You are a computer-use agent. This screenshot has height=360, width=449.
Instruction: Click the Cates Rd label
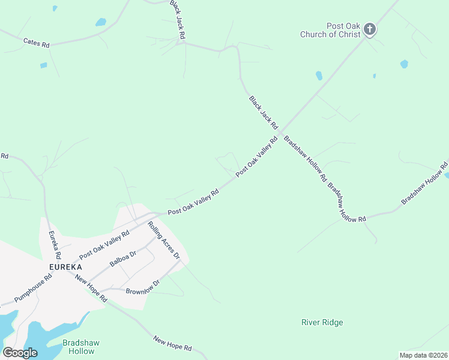(36, 42)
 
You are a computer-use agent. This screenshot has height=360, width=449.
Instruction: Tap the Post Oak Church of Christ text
(331, 31)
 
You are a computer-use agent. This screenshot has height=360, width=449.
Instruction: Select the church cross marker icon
(370, 28)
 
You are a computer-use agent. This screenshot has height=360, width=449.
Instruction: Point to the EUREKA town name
(65, 266)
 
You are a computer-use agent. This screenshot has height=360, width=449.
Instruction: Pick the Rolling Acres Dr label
(164, 240)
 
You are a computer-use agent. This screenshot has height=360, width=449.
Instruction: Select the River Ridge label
(322, 323)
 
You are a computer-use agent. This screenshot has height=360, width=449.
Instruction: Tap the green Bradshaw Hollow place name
(81, 347)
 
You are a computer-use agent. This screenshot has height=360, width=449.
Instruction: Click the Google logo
(20, 353)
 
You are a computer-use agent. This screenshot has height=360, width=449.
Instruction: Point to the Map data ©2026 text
(423, 355)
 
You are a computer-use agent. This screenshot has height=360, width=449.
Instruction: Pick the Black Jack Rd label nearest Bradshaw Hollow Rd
(264, 112)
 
